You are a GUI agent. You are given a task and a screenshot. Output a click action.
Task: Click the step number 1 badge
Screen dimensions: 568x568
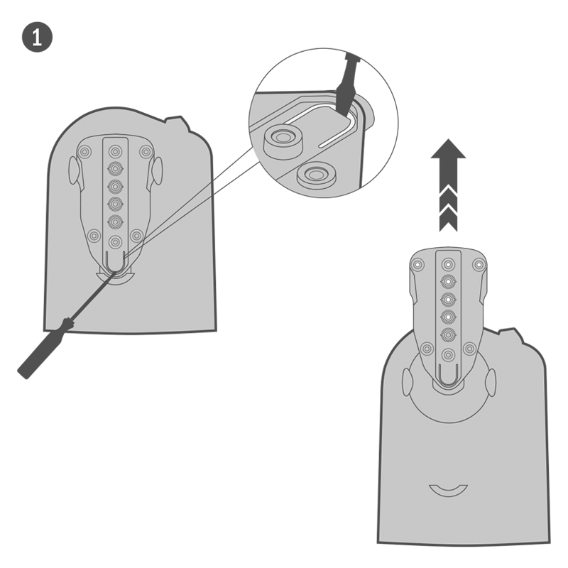[x=37, y=37]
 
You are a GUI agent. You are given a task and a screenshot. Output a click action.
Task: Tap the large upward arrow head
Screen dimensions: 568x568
[x=448, y=151]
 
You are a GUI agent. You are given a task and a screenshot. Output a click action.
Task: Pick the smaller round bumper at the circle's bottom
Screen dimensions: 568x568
[x=315, y=175]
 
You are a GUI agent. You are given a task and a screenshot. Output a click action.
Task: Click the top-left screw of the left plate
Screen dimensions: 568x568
[x=84, y=151]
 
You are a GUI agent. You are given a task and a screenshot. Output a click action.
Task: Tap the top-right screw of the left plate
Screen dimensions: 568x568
[x=146, y=151]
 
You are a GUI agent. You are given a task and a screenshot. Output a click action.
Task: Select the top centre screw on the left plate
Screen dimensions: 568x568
[x=115, y=151]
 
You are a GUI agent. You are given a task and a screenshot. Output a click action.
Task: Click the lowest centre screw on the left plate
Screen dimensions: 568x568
[x=115, y=241]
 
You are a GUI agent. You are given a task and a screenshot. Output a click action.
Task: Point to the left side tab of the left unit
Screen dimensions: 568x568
[x=74, y=170]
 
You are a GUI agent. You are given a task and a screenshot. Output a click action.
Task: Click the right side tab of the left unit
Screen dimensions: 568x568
[x=158, y=170]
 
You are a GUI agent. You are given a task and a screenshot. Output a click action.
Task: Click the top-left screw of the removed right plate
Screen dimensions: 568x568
[x=417, y=265]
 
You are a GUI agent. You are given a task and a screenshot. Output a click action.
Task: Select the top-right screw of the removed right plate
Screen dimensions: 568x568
[x=479, y=265]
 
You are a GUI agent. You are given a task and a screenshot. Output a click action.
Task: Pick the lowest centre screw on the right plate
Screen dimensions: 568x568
[x=449, y=354]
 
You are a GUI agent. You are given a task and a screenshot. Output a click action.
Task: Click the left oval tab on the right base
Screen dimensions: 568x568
[x=407, y=383]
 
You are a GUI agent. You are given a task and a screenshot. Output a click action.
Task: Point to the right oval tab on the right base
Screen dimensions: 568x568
[x=491, y=383]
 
